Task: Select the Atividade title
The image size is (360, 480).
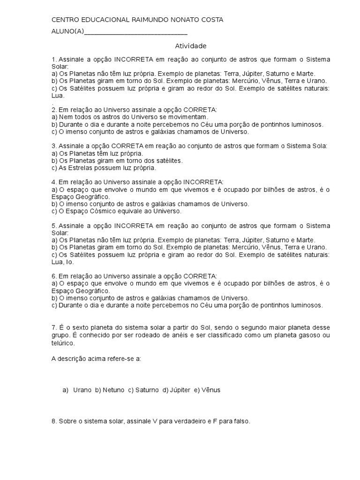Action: click(x=190, y=46)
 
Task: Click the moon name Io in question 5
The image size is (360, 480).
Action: click(x=69, y=262)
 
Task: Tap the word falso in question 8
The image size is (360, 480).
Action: click(x=240, y=421)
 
